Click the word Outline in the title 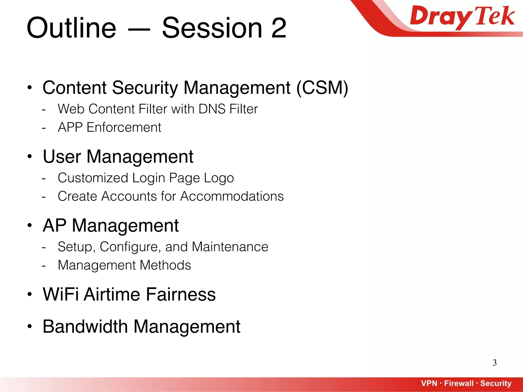pyautogui.click(x=71, y=28)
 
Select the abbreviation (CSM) pyautogui.click(x=322, y=88)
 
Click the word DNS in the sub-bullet pyautogui.click(x=212, y=109)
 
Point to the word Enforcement pyautogui.click(x=124, y=127)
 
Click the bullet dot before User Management pyautogui.click(x=30, y=156)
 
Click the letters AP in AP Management pyautogui.click(x=55, y=226)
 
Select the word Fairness pyautogui.click(x=181, y=294)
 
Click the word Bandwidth pyautogui.click(x=85, y=326)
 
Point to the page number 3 pyautogui.click(x=495, y=363)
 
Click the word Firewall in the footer pyautogui.click(x=459, y=383)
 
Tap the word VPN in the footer pyautogui.click(x=429, y=383)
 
